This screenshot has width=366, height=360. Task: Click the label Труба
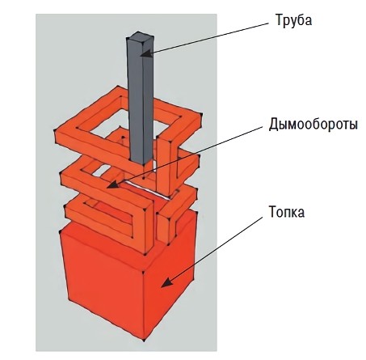(x=293, y=20)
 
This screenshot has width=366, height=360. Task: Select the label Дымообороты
(x=313, y=125)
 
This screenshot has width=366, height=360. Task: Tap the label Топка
(x=287, y=211)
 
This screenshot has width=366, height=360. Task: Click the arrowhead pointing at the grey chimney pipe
(x=146, y=53)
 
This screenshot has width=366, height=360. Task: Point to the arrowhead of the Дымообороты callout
(x=112, y=184)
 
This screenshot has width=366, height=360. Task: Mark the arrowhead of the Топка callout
(x=166, y=282)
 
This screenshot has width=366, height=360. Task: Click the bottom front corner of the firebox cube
(x=145, y=340)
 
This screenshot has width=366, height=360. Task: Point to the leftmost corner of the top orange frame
(x=55, y=130)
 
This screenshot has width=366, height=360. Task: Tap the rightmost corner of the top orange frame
(x=201, y=115)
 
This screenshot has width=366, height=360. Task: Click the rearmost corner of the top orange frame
(x=118, y=87)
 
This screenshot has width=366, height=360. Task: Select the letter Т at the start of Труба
(x=279, y=19)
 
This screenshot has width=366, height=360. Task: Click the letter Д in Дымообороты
(x=274, y=125)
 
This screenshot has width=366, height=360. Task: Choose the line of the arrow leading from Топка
(x=212, y=252)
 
